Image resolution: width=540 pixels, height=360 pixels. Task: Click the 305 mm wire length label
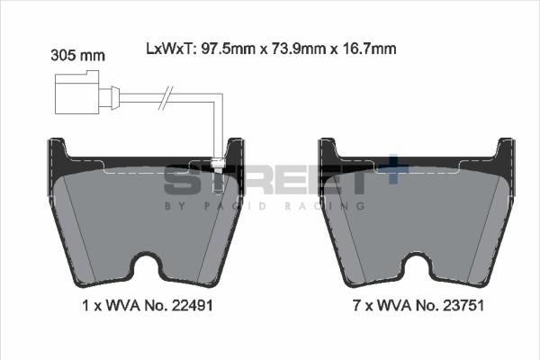pyautogui.click(x=77, y=55)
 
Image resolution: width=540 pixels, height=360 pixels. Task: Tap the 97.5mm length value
pyautogui.click(x=228, y=49)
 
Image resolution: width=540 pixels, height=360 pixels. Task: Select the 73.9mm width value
pyautogui.click(x=299, y=49)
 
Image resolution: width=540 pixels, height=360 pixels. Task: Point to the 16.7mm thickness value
pyautogui.click(x=369, y=49)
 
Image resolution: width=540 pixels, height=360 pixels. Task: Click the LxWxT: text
pyautogui.click(x=171, y=49)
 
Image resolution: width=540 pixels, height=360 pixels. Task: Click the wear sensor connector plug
pyautogui.click(x=87, y=93)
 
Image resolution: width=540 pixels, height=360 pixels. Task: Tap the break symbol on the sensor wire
pyautogui.click(x=166, y=97)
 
